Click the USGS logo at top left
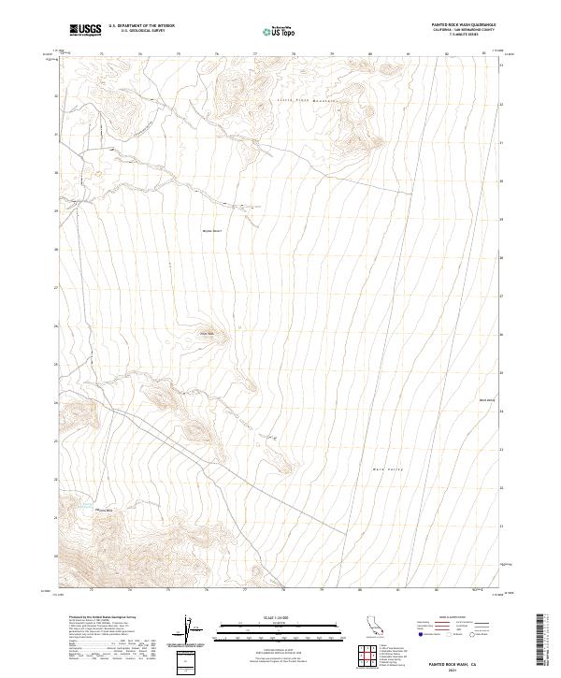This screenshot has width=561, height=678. (x=85, y=30)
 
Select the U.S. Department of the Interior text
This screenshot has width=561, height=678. (x=140, y=27)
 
